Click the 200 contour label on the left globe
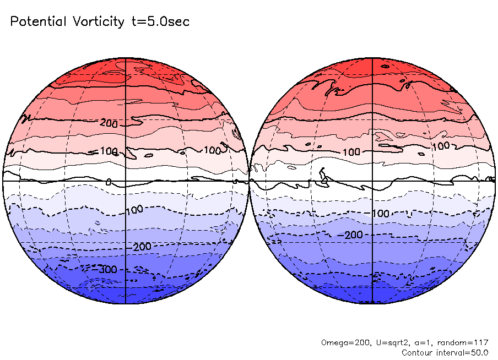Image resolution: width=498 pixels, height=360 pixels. [x=109, y=123]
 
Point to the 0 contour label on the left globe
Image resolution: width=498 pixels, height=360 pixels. [x=109, y=182]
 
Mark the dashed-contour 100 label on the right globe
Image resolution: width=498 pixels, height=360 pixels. [x=380, y=213]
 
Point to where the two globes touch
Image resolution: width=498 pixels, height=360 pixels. [x=249, y=181]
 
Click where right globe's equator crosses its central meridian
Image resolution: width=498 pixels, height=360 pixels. [x=373, y=181]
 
